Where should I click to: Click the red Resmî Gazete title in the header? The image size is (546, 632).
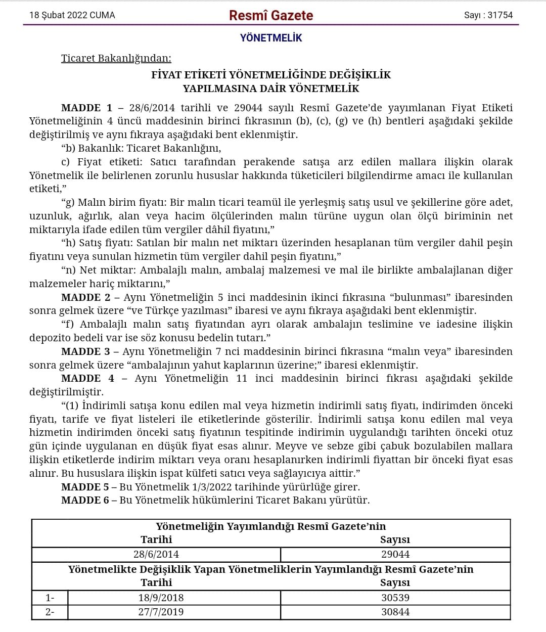pos(271,16)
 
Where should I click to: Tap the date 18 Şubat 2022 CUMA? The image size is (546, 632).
pos(72,15)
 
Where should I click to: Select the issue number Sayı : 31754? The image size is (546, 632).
pos(488,15)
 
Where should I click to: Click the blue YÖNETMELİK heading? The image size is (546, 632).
pos(271,38)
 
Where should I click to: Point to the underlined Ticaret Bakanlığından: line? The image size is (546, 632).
pos(116,58)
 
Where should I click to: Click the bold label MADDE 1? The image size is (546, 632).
pos(87,108)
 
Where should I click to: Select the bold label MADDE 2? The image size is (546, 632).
pos(85,297)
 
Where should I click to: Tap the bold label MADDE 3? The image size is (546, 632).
pos(85,351)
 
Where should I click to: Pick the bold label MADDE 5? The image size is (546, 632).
pos(85,487)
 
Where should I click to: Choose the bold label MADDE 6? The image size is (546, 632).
pos(85,500)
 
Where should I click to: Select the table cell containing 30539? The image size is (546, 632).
pos(395,598)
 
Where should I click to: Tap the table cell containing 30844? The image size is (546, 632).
pos(395,612)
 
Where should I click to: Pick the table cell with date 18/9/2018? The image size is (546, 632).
pos(161,598)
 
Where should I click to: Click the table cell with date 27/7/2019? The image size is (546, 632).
pos(161,612)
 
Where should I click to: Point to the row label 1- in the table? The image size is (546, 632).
pos(50,598)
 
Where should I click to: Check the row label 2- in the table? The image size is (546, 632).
pos(50,612)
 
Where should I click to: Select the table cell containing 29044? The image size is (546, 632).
pos(395,554)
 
